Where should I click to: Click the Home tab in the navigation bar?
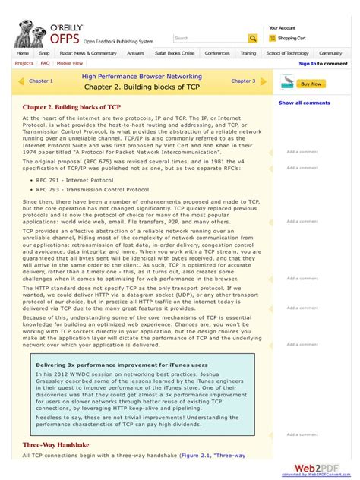tap(23, 53)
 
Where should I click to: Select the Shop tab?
tap(44, 53)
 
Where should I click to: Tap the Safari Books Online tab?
tap(175, 53)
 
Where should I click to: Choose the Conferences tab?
tap(217, 53)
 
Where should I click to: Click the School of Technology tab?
tap(287, 53)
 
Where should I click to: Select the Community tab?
tap(330, 53)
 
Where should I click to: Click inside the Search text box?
tap(210, 38)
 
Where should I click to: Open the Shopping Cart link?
tap(291, 38)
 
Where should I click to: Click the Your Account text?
tap(282, 27)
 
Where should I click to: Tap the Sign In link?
tap(307, 64)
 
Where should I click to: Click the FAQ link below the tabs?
tap(45, 64)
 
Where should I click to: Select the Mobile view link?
tap(70, 64)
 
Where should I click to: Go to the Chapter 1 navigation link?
tap(40, 81)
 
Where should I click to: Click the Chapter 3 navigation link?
tap(243, 81)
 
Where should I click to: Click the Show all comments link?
tap(304, 103)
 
